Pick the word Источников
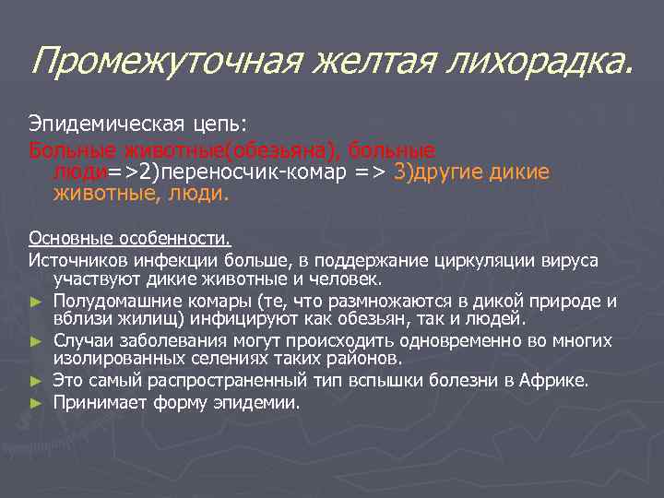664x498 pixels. click(x=77, y=261)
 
